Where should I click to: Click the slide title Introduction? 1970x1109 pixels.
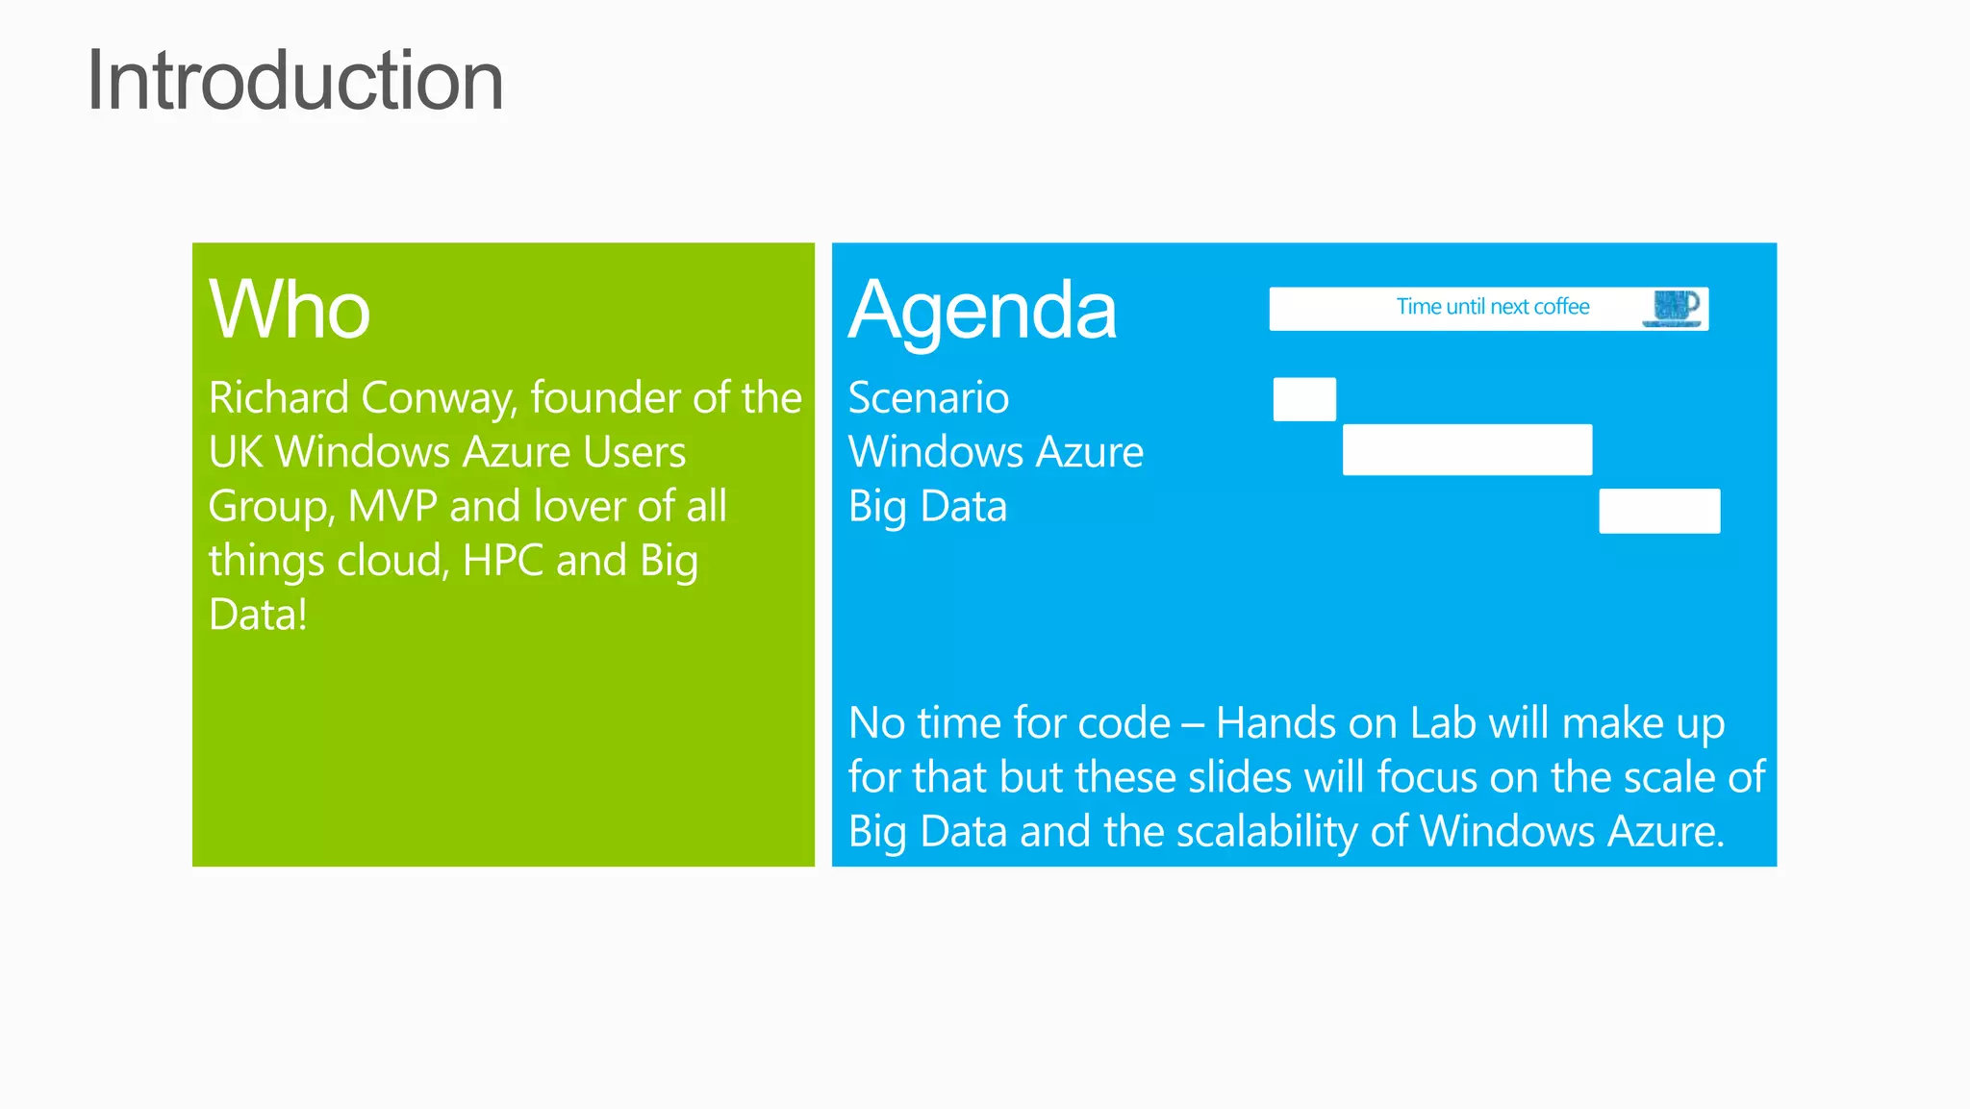click(x=294, y=82)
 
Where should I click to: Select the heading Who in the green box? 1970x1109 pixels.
click(x=289, y=310)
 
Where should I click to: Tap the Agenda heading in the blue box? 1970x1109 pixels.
click(x=981, y=310)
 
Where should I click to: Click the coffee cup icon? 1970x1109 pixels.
click(x=1675, y=308)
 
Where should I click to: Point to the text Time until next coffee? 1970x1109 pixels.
click(x=1492, y=307)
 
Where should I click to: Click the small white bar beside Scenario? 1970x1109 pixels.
click(x=1304, y=399)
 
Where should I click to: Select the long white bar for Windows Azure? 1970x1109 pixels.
click(x=1467, y=449)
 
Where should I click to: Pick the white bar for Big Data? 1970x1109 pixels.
click(x=1659, y=511)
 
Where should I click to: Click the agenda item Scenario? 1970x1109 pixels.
click(x=928, y=398)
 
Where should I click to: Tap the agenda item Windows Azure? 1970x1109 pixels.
click(x=996, y=452)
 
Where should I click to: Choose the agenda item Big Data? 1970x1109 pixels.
click(x=927, y=507)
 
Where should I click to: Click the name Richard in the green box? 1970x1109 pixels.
click(x=278, y=398)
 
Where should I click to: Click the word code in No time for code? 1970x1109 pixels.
click(x=1124, y=723)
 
